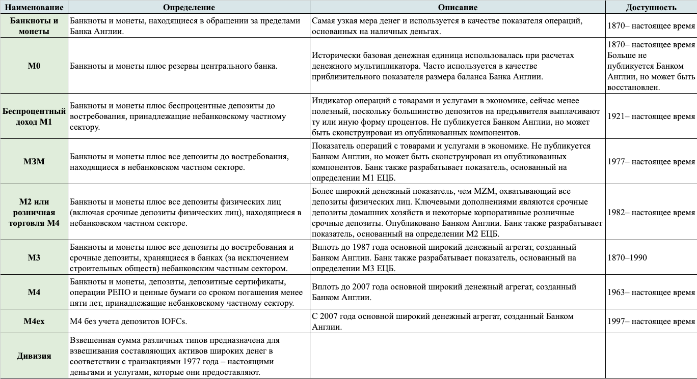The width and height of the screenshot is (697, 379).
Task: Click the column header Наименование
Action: coord(34,7)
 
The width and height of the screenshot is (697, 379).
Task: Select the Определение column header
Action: coord(189,7)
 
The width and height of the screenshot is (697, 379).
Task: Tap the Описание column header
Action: coord(458,7)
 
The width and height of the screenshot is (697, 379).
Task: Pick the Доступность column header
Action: coord(651,7)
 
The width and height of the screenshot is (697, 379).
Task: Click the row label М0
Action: coord(34,66)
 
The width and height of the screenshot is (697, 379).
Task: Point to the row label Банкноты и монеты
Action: coord(34,26)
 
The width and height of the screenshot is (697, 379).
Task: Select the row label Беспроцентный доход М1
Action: coord(34,116)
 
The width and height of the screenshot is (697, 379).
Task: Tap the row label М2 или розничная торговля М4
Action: coord(34,213)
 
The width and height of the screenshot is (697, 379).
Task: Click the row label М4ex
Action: coord(34,321)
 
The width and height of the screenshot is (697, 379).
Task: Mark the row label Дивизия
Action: coord(34,356)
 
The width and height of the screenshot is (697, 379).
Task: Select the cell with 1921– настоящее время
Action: coord(651,116)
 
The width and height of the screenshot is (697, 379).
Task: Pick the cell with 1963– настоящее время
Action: coord(651,293)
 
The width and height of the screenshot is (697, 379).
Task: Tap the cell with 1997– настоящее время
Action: coord(651,321)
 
